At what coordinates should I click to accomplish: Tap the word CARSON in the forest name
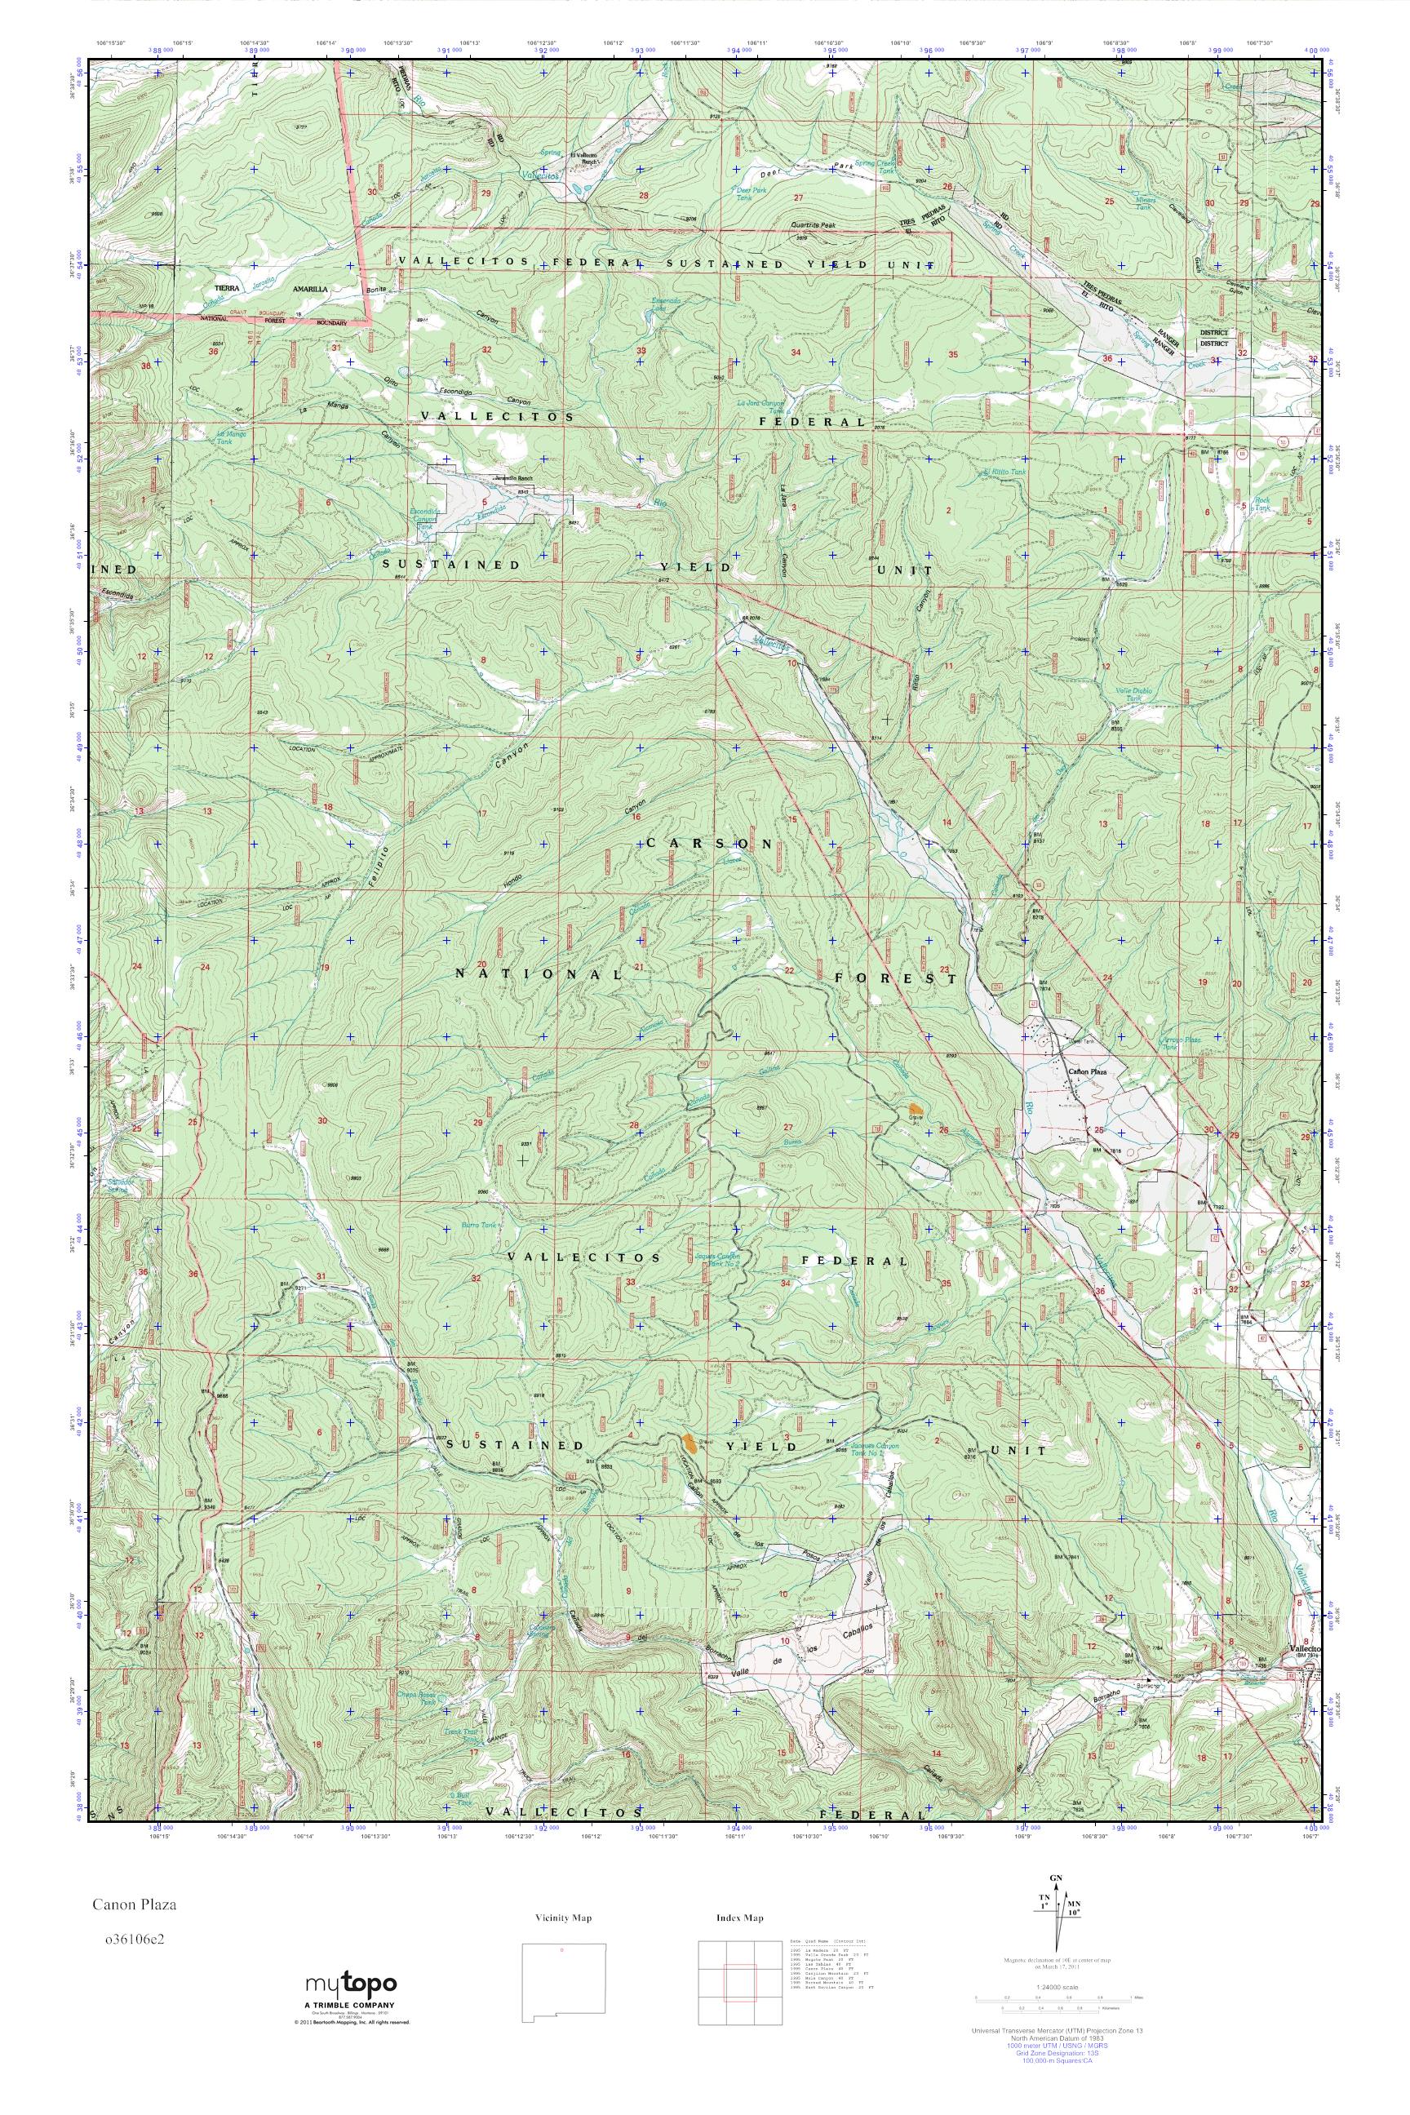(x=710, y=844)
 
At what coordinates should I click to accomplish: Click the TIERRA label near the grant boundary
(x=218, y=290)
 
